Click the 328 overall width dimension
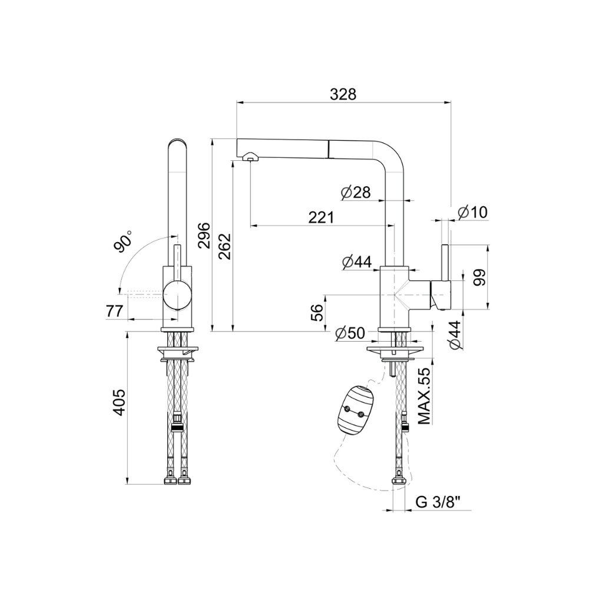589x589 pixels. tap(343, 94)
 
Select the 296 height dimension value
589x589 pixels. tap(204, 236)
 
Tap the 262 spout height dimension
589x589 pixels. tap(224, 246)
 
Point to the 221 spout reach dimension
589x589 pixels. tap(321, 217)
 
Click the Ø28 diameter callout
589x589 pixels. tap(356, 193)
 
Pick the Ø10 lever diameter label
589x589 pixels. tap(473, 212)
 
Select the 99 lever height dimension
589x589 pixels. tap(479, 277)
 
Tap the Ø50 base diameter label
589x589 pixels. tap(350, 333)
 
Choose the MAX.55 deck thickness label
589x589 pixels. tap(423, 396)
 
